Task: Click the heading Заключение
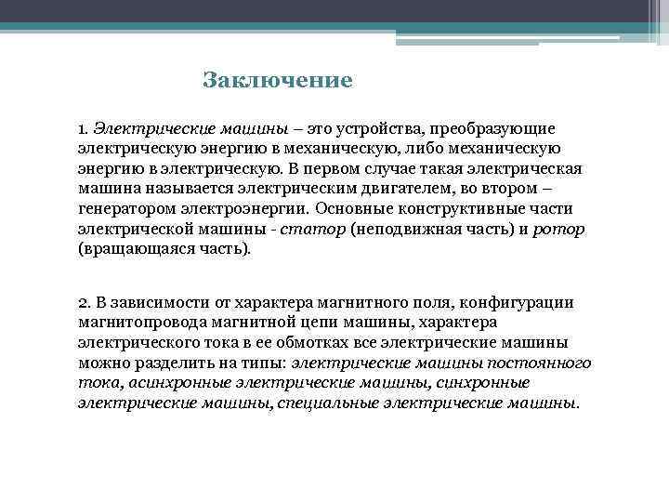coord(278,80)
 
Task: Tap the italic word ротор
coord(557,230)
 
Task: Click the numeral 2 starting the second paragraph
coord(83,302)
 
